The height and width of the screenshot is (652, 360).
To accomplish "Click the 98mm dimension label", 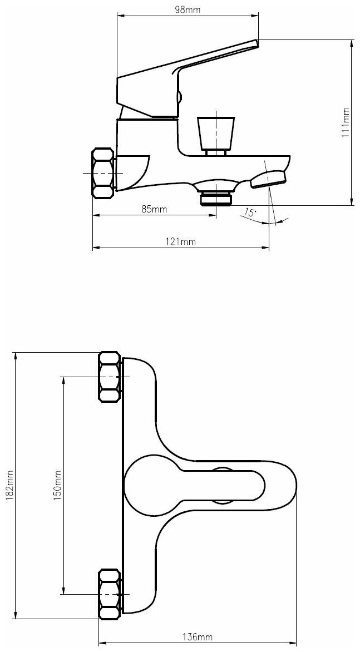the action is [188, 10].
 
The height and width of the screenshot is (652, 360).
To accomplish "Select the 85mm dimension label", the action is [154, 209].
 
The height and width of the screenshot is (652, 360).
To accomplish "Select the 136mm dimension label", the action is [198, 636].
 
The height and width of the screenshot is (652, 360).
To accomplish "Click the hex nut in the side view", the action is [103, 172].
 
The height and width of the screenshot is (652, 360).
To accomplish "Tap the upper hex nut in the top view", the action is [110, 377].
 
